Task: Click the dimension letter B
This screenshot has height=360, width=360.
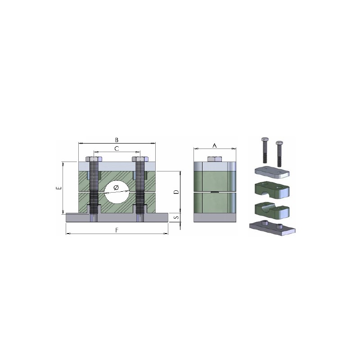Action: pos(117,140)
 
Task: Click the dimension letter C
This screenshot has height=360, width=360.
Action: pos(117,148)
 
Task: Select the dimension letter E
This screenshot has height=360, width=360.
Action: pos(59,188)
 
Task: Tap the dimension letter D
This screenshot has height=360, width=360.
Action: pos(176,192)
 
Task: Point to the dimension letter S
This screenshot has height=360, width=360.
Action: pos(176,216)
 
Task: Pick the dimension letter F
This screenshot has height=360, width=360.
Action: pos(117,230)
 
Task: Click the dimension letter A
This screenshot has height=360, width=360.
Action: pos(215,145)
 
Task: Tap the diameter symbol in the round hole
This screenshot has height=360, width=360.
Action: pos(116,188)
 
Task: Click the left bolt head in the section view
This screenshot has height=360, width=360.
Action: pos(94,159)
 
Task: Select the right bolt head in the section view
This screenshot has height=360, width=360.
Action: pos(140,159)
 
